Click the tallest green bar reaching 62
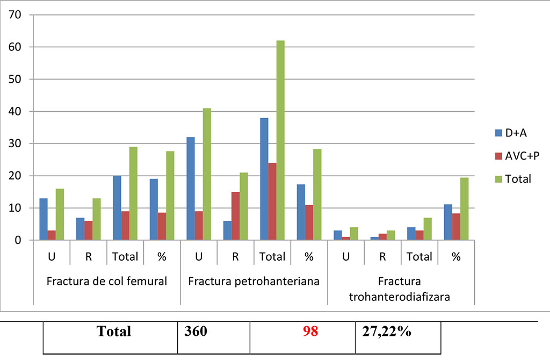tap(280, 140)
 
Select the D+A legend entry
tap(513, 132)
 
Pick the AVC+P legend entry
tap(518, 155)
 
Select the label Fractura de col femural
tap(107, 282)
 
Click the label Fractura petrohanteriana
tap(254, 282)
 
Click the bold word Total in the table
tap(113, 332)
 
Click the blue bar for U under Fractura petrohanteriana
tap(190, 189)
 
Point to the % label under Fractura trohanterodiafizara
tap(456, 257)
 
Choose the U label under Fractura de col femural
tap(52, 257)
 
